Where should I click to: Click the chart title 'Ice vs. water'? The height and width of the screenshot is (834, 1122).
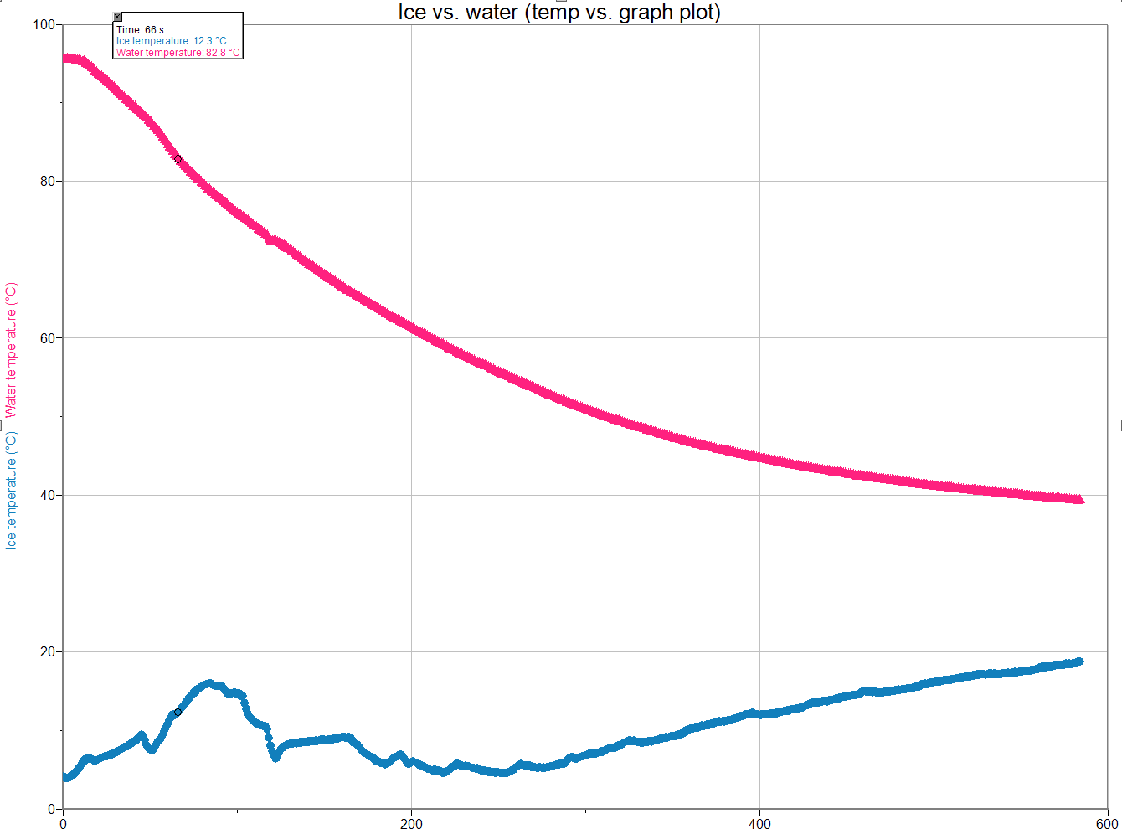[559, 13]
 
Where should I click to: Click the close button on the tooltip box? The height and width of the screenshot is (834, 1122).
[117, 17]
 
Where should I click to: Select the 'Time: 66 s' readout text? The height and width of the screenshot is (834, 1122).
[140, 30]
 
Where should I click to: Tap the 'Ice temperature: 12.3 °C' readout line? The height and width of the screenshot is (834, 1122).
[171, 41]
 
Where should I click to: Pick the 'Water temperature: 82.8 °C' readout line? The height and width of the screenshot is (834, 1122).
[178, 53]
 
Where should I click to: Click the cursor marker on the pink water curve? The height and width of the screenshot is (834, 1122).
[178, 159]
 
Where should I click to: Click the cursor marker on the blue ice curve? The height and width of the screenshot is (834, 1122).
[178, 712]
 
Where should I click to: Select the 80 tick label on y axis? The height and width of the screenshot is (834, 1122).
[47, 182]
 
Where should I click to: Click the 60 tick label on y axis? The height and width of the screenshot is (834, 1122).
[47, 338]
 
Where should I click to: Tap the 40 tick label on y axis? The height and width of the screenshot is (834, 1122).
[47, 495]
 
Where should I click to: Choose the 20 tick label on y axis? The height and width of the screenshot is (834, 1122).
[47, 652]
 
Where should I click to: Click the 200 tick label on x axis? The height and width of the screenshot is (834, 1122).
[411, 824]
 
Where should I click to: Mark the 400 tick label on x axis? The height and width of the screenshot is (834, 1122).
[759, 824]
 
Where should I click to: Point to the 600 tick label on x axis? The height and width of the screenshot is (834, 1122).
[1107, 824]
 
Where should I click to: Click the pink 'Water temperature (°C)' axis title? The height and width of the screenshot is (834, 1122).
[11, 350]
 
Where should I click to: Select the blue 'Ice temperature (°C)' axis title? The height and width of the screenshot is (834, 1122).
[11, 491]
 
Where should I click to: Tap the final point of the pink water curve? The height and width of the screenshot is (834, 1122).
[1080, 499]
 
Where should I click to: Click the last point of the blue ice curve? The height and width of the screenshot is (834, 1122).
[1079, 662]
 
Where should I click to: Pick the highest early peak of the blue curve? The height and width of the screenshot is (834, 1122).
[210, 684]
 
